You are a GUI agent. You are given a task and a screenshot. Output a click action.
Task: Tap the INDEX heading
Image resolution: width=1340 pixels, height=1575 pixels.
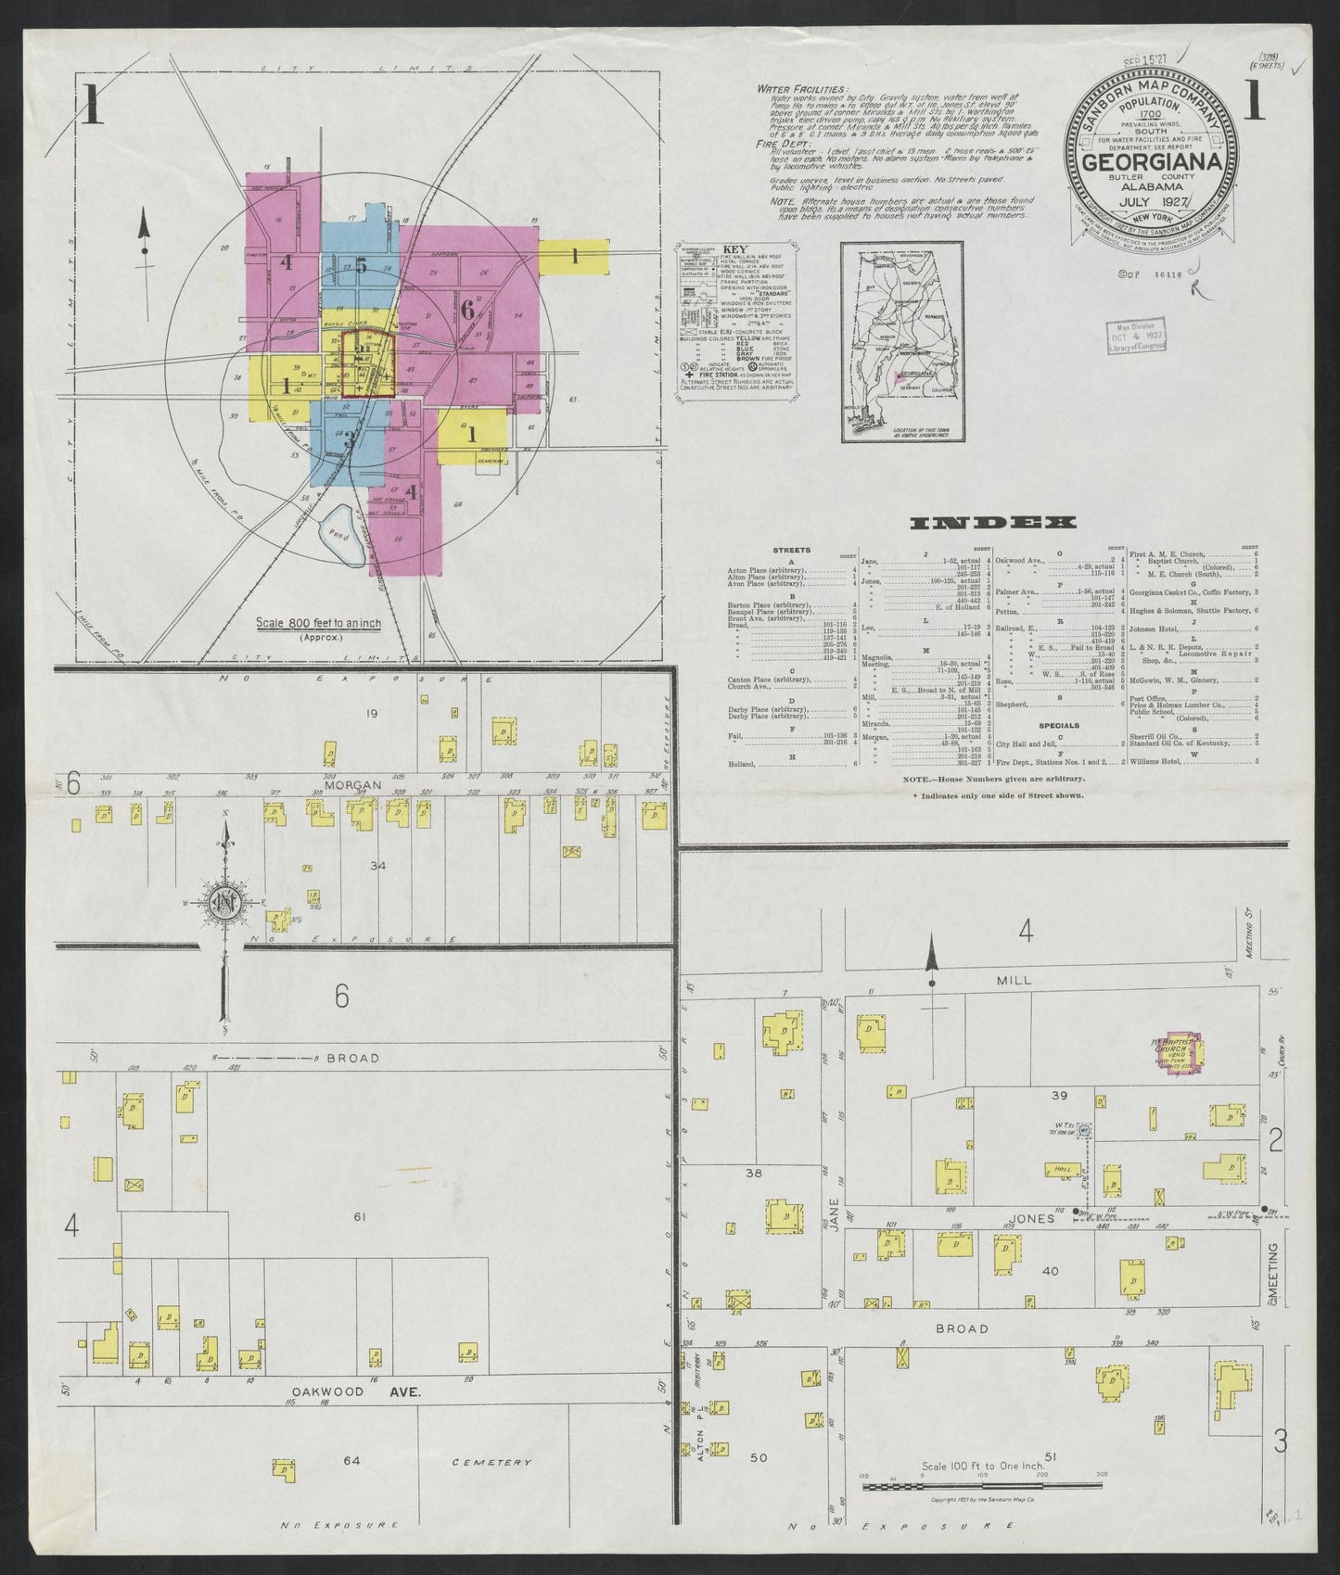994,524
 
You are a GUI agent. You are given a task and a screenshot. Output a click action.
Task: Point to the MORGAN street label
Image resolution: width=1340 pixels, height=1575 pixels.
353,784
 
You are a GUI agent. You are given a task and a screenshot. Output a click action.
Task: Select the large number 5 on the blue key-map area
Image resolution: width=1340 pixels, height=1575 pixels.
362,266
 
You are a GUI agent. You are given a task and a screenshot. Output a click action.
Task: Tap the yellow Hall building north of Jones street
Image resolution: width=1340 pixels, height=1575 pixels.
1064,1171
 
